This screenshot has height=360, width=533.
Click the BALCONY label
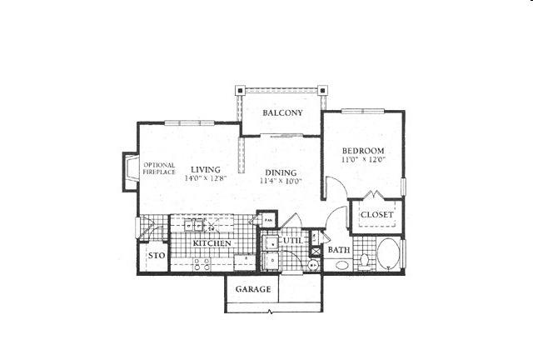point(281,113)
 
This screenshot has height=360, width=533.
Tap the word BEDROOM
point(362,150)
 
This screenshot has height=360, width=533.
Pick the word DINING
point(280,171)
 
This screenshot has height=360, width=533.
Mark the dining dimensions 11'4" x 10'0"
point(280,180)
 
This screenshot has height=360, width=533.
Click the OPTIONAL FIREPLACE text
point(159,168)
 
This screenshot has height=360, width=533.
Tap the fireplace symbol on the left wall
point(131,172)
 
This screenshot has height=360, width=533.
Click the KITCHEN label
point(212,242)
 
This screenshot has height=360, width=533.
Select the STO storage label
point(155,256)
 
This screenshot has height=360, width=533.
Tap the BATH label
point(338,250)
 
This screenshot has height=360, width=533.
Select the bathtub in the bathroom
point(388,255)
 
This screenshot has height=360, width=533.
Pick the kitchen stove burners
point(201,263)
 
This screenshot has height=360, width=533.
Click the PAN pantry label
point(268,220)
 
